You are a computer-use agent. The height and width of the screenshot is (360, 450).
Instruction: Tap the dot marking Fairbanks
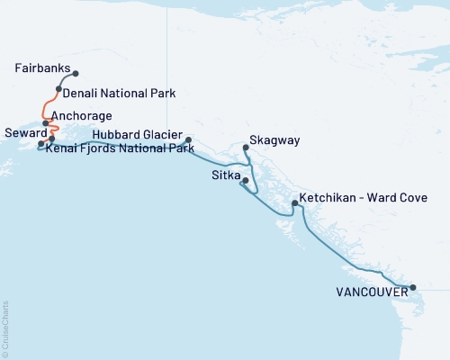[76, 74]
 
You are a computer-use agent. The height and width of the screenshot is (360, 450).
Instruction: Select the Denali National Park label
[119, 93]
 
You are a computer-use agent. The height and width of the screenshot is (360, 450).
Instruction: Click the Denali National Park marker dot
[58, 89]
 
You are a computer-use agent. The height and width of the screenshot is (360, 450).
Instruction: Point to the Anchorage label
[82, 116]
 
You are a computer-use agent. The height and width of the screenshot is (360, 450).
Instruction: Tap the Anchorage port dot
[45, 123]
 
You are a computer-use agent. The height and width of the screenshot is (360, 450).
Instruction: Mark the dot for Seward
[40, 144]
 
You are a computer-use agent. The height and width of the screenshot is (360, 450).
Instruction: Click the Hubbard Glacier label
[137, 133]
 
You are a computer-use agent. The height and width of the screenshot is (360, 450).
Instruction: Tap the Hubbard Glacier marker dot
[188, 139]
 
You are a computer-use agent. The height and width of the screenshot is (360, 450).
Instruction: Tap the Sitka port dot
[245, 182]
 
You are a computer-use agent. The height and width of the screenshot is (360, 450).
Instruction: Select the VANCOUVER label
[370, 292]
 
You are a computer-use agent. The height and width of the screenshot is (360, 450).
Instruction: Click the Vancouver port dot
[413, 288]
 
